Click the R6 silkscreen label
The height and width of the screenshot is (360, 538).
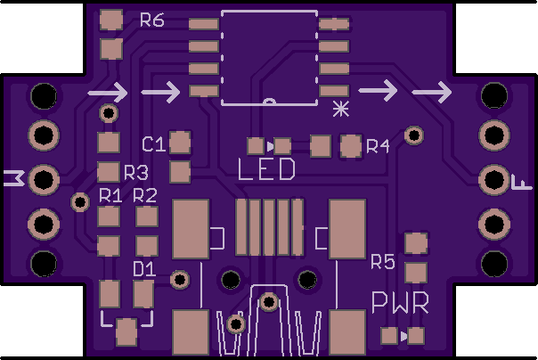tap(152, 20)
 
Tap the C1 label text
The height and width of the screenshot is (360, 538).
tap(154, 144)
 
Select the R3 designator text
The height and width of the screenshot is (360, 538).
tap(136, 173)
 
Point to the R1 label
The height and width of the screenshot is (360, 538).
tap(110, 195)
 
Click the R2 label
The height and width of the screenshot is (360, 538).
tap(145, 195)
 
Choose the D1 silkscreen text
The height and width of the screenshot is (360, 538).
tap(144, 269)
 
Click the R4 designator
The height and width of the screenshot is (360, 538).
tap(378, 146)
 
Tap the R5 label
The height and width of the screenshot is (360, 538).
tap(383, 262)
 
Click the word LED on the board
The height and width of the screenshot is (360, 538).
tap(266, 169)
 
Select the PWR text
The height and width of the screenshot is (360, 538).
tap(401, 303)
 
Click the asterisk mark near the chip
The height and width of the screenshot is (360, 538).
tap(341, 109)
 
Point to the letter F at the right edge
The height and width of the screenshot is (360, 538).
tap(522, 183)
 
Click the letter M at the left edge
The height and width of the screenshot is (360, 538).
tap(14, 178)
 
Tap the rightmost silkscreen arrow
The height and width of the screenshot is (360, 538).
tap(432, 92)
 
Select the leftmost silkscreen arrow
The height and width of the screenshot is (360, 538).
tap(108, 93)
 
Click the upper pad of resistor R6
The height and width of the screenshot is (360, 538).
tap(111, 20)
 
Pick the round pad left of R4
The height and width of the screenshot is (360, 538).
tap(351, 146)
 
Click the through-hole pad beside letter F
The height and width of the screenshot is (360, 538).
tap(494, 180)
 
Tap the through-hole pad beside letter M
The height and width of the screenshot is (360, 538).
tap(44, 179)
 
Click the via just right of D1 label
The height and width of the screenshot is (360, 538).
tap(180, 280)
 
